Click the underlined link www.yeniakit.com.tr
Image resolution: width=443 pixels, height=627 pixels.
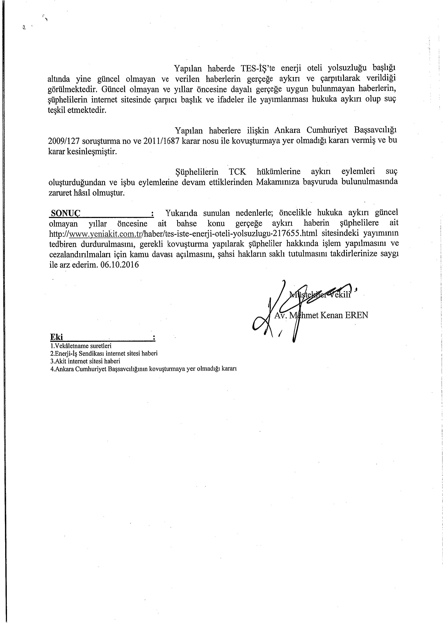[105, 234]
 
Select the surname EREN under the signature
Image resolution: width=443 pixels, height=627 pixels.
[357, 315]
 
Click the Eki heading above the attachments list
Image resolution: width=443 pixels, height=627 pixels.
[56, 337]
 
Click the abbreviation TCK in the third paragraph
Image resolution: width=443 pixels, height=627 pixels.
[237, 172]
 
